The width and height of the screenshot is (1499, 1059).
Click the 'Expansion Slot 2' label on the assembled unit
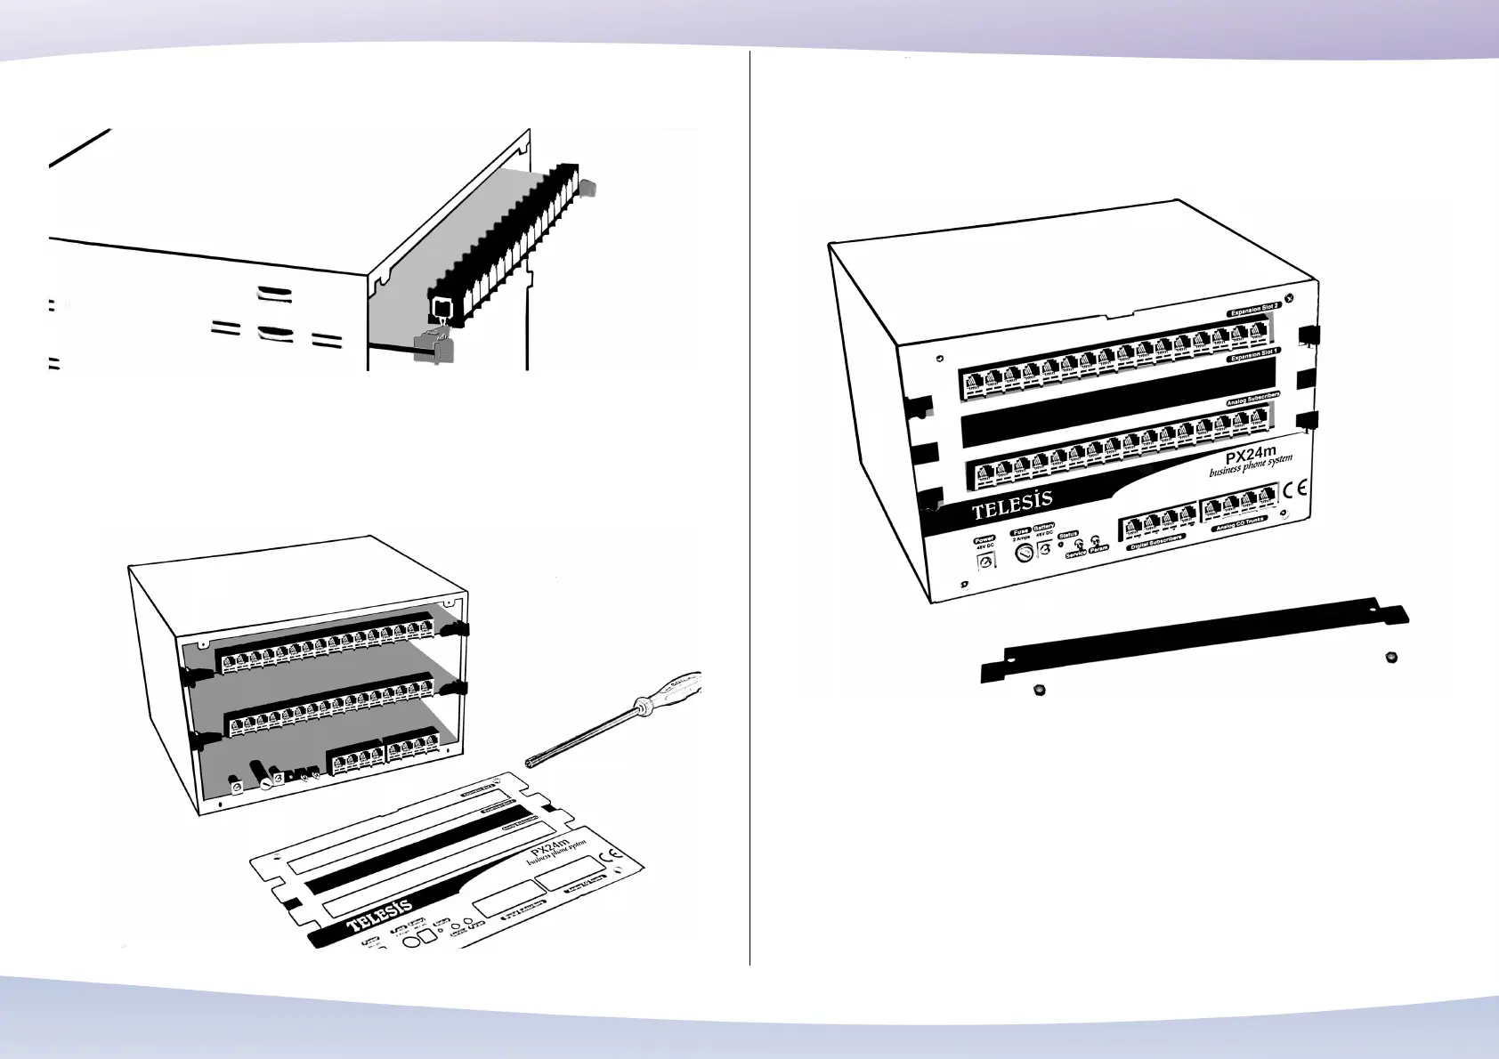click(1253, 309)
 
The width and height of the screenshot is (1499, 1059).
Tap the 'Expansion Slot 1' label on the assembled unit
click(1253, 354)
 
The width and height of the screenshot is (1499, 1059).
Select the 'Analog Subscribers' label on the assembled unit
click(1252, 399)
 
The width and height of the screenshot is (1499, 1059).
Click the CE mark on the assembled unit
click(1298, 489)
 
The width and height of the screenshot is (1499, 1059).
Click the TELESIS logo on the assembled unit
click(1012, 505)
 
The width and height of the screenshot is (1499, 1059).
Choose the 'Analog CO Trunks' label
click(1238, 523)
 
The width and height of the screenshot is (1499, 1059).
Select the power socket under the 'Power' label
click(985, 562)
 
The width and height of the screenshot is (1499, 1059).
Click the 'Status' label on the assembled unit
click(1067, 535)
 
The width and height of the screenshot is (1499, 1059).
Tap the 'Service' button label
click(1075, 554)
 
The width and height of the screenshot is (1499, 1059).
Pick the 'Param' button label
click(1098, 549)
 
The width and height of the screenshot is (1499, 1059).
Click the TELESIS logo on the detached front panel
click(380, 913)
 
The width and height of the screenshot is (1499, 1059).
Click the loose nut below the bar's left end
click(1040, 689)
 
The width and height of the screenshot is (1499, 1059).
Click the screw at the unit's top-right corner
click(1290, 300)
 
